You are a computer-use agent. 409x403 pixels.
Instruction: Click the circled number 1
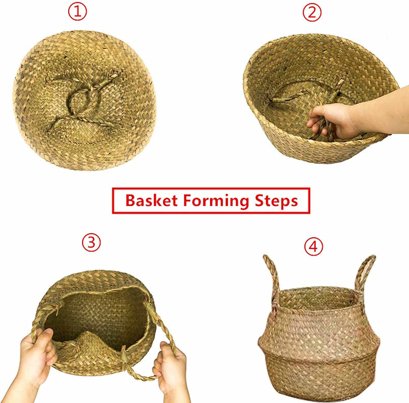(x=77, y=12)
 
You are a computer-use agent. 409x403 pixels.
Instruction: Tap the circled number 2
(x=312, y=12)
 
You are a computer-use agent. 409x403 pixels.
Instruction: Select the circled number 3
(x=91, y=242)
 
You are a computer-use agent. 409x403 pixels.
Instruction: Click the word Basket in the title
(x=151, y=201)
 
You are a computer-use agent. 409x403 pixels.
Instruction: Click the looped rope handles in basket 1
(x=82, y=102)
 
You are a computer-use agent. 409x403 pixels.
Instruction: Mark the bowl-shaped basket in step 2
(x=319, y=98)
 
